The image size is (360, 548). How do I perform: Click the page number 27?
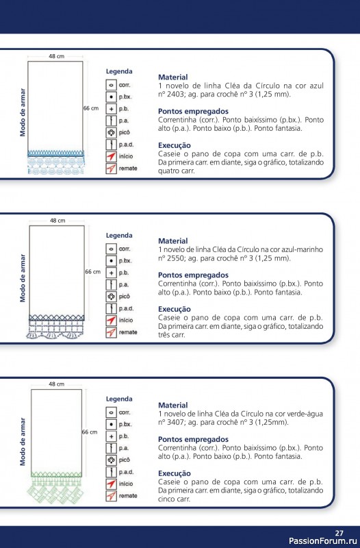click(339, 533)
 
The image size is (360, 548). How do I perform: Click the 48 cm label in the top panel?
click(57, 55)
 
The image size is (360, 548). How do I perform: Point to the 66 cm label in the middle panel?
click(92, 272)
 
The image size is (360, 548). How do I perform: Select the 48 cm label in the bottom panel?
click(57, 385)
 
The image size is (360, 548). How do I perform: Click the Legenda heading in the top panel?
click(119, 71)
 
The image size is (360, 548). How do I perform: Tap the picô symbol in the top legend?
click(110, 132)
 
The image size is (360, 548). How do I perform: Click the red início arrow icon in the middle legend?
click(110, 321)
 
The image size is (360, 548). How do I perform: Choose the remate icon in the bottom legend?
click(110, 496)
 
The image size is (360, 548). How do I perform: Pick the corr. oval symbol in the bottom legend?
click(110, 412)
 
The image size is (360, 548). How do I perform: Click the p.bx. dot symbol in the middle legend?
click(110, 261)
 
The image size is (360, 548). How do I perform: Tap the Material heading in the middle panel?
click(172, 241)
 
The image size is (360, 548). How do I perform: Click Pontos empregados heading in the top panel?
click(193, 111)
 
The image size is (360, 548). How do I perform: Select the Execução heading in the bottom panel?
click(176, 473)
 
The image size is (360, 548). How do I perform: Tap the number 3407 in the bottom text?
click(175, 422)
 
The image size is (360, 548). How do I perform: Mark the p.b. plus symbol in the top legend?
click(110, 108)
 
